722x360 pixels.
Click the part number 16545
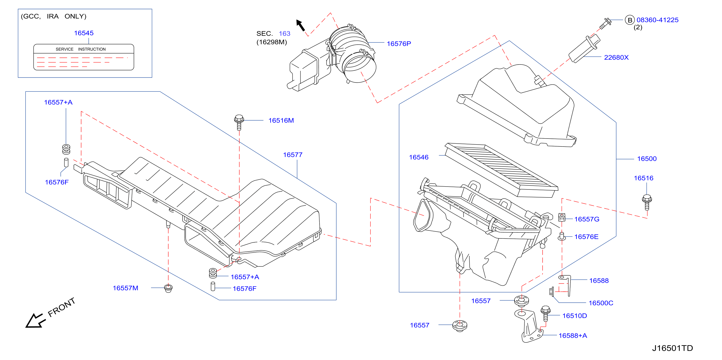[x=84, y=33]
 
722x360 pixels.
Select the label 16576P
[x=399, y=44]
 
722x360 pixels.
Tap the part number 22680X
[x=616, y=57]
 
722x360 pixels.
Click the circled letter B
[x=630, y=20]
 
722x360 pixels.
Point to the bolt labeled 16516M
[x=239, y=122]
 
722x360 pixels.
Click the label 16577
[x=293, y=155]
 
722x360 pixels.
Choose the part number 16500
[x=647, y=159]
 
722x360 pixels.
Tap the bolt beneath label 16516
[x=647, y=202]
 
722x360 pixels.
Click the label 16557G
[x=587, y=219]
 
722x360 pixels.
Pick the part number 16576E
[x=586, y=237]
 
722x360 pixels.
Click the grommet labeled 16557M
[x=168, y=288]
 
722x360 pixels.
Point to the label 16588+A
[x=573, y=335]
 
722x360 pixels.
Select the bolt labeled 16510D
[x=546, y=313]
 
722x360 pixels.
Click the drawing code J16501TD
[x=672, y=348]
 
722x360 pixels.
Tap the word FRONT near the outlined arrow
[x=61, y=307]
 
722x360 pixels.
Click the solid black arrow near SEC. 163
[x=300, y=25]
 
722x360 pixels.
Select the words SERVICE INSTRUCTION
[x=81, y=49]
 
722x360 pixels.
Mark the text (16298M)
[x=272, y=42]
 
